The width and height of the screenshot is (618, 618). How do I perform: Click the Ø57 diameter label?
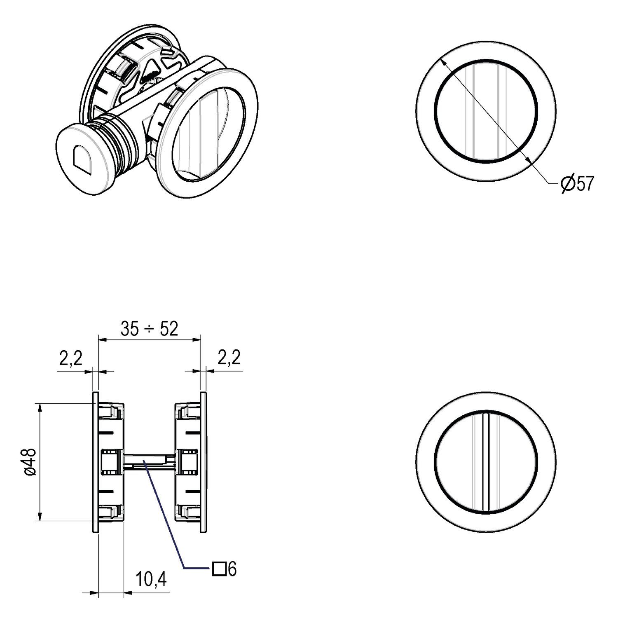[578, 184]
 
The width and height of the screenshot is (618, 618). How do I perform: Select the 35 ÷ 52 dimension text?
[150, 329]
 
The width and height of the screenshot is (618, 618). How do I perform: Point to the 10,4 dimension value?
[151, 580]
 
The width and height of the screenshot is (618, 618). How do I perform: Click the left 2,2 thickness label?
[71, 359]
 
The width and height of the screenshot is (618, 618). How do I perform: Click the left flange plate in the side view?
[95, 462]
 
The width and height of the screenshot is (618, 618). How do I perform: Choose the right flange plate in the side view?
[203, 462]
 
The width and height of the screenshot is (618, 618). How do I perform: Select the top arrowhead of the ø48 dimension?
[40, 408]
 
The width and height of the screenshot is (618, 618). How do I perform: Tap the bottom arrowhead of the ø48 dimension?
[40, 516]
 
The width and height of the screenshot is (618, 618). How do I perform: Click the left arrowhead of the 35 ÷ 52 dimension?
[103, 339]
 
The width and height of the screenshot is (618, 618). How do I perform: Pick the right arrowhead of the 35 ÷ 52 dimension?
[195, 339]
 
